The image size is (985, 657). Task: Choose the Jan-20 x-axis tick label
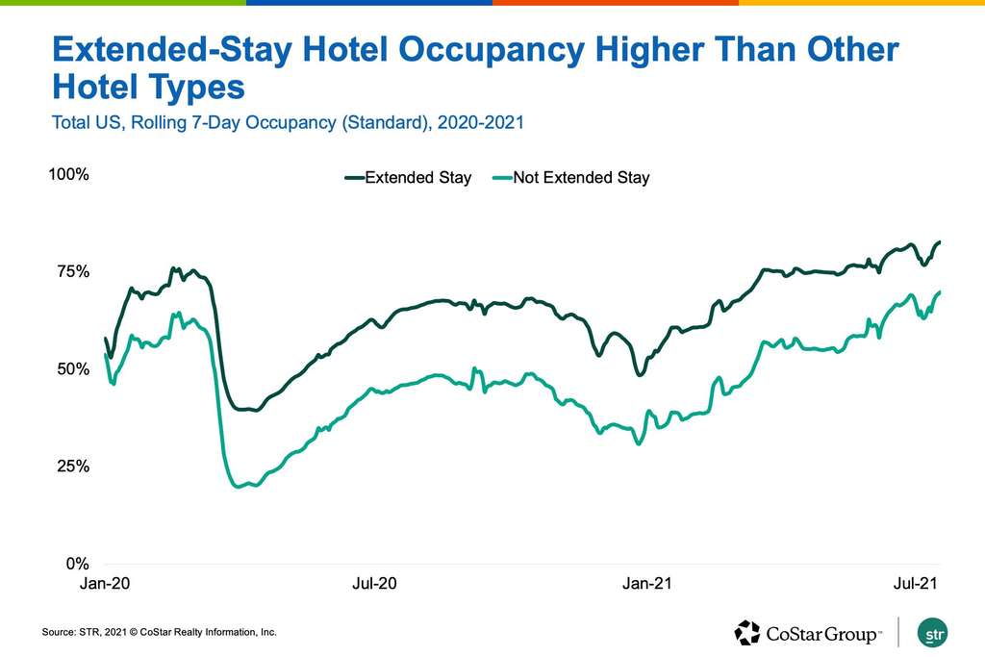(102, 584)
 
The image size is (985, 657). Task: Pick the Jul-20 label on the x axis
(375, 584)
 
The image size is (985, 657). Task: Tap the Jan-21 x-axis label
(650, 584)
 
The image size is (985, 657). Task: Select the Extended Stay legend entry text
(417, 178)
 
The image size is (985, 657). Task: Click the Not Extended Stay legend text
(581, 178)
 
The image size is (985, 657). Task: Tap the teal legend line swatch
(500, 178)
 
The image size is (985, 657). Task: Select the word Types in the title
(192, 88)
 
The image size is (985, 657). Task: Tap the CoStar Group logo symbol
(747, 633)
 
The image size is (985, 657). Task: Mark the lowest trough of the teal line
(239, 487)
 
